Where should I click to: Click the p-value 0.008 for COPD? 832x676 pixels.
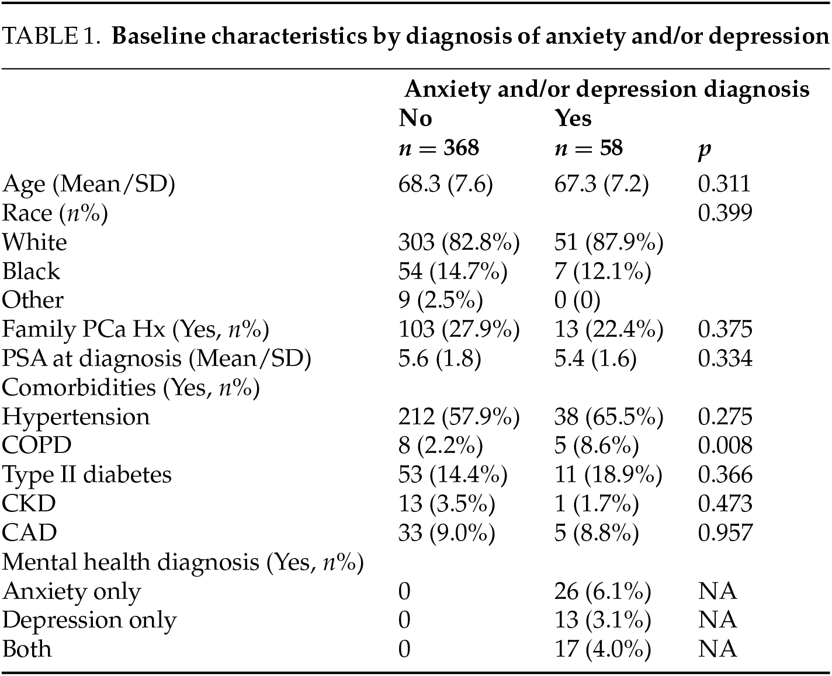coord(725,445)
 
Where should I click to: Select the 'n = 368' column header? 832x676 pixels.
coord(439,148)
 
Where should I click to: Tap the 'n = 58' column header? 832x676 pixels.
coord(588,148)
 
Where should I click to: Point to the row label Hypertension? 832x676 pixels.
coord(76,417)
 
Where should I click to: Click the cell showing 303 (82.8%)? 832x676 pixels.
coord(459,242)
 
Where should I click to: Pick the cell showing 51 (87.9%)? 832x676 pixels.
coord(608,242)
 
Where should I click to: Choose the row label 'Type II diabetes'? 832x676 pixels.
coord(87,475)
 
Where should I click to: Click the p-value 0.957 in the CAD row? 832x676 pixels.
coord(725,532)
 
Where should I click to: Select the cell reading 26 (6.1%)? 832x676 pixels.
coord(602,591)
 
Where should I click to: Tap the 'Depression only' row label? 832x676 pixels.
coord(89,621)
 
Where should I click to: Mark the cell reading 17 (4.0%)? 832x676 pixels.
coord(602,649)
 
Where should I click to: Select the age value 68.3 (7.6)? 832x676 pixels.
coord(445,184)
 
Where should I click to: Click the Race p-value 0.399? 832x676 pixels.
coord(725,213)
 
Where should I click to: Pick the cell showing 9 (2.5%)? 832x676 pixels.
coord(441,300)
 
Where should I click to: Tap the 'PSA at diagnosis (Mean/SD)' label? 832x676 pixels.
coord(157,358)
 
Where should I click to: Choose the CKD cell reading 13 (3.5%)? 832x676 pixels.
coord(446,504)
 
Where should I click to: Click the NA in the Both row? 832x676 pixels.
coord(717,649)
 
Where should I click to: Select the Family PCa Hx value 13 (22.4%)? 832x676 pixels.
coord(608,330)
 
